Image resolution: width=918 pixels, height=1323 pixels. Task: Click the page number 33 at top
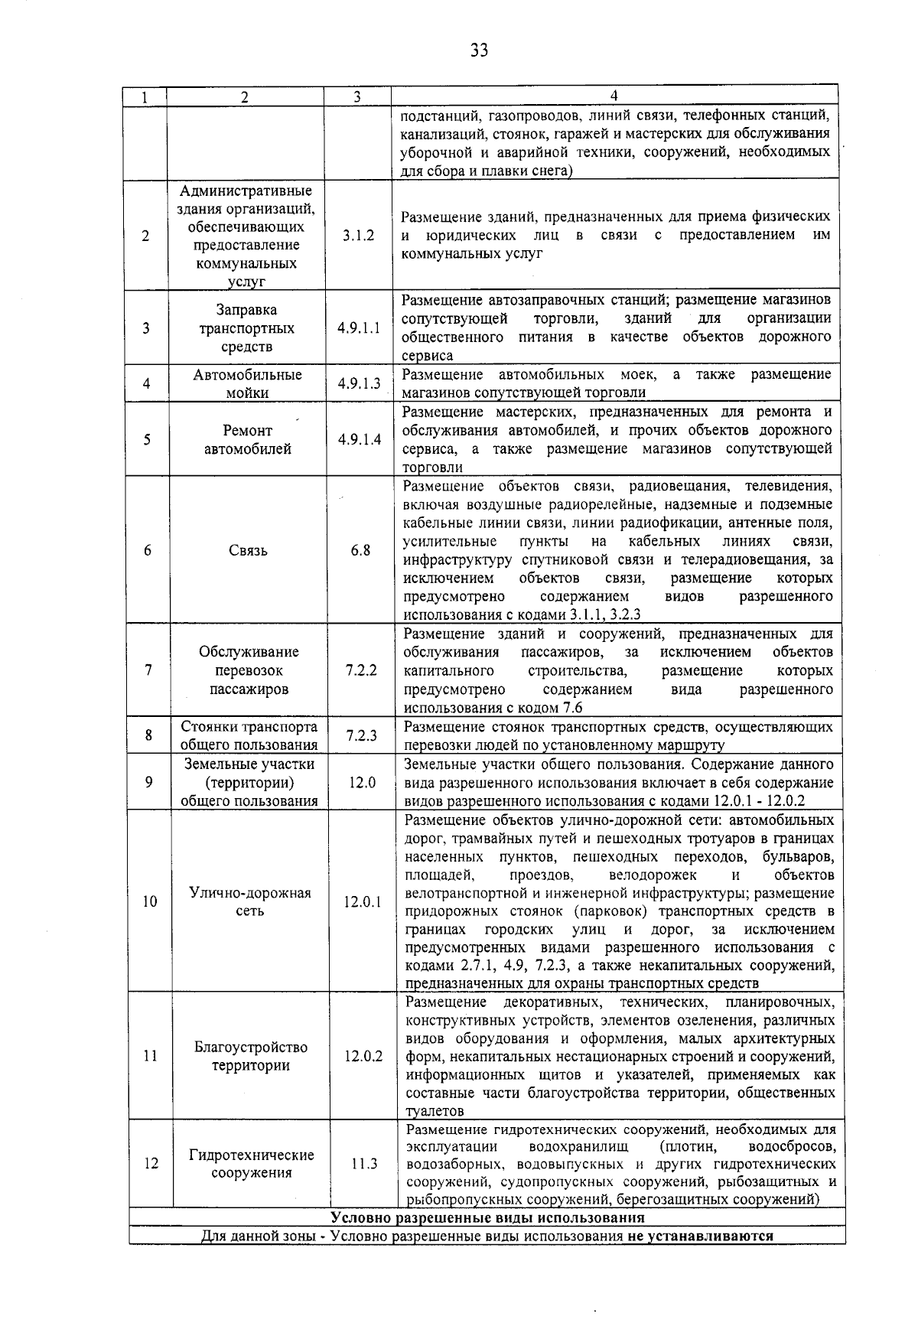(479, 51)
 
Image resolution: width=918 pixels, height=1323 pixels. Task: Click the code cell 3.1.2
(359, 236)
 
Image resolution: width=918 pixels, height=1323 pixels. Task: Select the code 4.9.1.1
(359, 328)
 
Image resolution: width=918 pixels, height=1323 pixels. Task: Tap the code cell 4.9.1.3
(359, 383)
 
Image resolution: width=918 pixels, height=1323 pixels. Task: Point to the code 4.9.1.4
(359, 440)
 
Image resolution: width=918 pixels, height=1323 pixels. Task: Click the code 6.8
(360, 550)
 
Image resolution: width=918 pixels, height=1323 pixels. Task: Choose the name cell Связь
(248, 550)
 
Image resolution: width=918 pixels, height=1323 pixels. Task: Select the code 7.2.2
(360, 670)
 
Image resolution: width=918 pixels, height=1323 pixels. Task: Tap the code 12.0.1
(362, 902)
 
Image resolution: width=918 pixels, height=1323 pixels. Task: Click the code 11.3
(364, 1164)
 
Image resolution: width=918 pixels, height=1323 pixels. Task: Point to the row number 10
(149, 902)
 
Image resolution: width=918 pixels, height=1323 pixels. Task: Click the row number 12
(151, 1164)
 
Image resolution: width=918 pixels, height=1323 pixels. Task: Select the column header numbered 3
(357, 97)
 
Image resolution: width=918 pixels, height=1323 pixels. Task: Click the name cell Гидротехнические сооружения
(252, 1164)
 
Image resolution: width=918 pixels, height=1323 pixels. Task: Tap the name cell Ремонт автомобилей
(248, 440)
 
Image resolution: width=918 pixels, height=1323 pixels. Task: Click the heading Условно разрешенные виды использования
(487, 1217)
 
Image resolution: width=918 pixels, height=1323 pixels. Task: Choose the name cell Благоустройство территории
(251, 1057)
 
